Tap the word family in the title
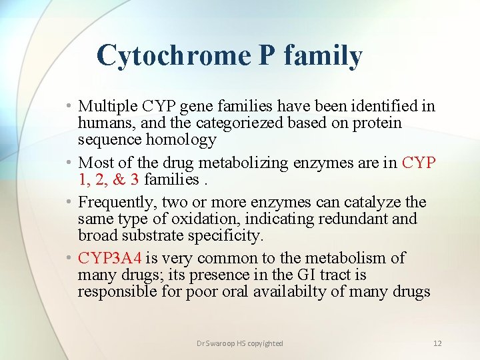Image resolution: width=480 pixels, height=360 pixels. point(323,56)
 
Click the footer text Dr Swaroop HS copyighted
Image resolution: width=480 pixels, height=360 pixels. point(240,343)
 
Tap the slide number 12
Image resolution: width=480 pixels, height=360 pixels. point(437,343)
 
